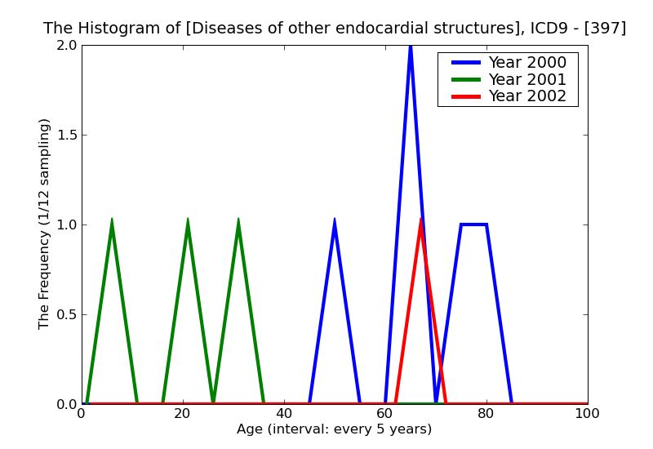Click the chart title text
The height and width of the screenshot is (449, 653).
pyautogui.click(x=335, y=29)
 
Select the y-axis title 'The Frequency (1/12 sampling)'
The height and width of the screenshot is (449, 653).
pyautogui.click(x=45, y=224)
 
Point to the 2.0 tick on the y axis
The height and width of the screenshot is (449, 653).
pyautogui.click(x=67, y=46)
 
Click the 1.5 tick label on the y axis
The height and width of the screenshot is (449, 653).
pyautogui.click(x=67, y=136)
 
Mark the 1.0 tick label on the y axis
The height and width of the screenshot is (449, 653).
pyautogui.click(x=67, y=225)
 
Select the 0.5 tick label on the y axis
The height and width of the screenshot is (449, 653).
pyautogui.click(x=67, y=315)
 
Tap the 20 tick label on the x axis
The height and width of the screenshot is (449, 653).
pyautogui.click(x=183, y=413)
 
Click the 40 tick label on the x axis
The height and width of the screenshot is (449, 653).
pyautogui.click(x=284, y=413)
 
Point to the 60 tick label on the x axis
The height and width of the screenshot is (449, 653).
pyautogui.click(x=385, y=413)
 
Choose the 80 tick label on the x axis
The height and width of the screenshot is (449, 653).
pyautogui.click(x=486, y=413)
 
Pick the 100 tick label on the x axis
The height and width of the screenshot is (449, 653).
pyautogui.click(x=587, y=413)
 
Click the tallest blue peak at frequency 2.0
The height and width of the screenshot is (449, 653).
pyautogui.click(x=411, y=47)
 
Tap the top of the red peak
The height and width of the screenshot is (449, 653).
pyautogui.click(x=420, y=220)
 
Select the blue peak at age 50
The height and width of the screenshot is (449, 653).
pyautogui.click(x=335, y=220)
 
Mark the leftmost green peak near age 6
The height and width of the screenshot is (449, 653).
pyautogui.click(x=112, y=220)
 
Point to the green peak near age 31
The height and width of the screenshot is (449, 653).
pyautogui.click(x=238, y=220)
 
